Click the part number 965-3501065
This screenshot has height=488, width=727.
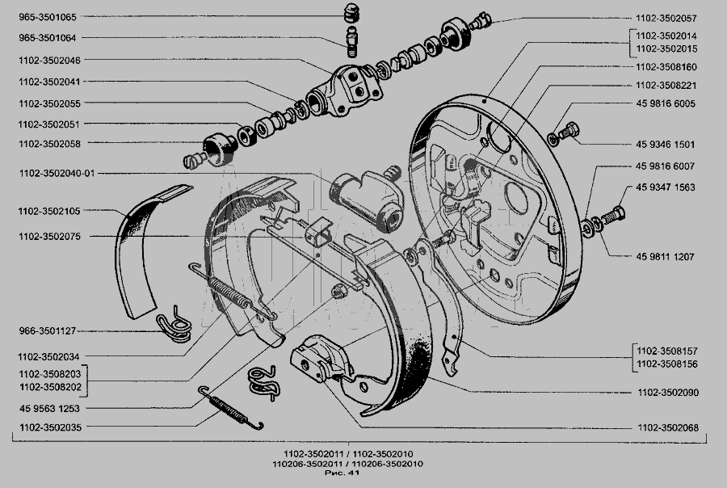[x=48, y=17]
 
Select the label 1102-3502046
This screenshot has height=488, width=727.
[x=49, y=61]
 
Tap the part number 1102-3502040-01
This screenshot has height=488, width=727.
[x=57, y=174]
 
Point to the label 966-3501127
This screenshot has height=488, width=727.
[x=48, y=331]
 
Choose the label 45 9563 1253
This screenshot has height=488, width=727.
[x=49, y=409]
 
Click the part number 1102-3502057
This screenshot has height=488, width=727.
[x=666, y=19]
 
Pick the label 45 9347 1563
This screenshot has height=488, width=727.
[x=666, y=187]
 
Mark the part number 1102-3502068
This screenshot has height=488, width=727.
[x=668, y=427]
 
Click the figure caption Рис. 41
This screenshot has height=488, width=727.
[x=342, y=473]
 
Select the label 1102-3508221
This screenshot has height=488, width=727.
[x=666, y=86]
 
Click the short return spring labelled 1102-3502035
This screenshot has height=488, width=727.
[x=230, y=408]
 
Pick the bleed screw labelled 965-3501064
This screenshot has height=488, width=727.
[x=352, y=42]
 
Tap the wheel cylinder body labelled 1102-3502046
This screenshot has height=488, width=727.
[x=346, y=91]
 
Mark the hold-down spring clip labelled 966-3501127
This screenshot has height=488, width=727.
[x=174, y=325]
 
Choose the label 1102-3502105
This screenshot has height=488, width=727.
[x=49, y=211]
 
